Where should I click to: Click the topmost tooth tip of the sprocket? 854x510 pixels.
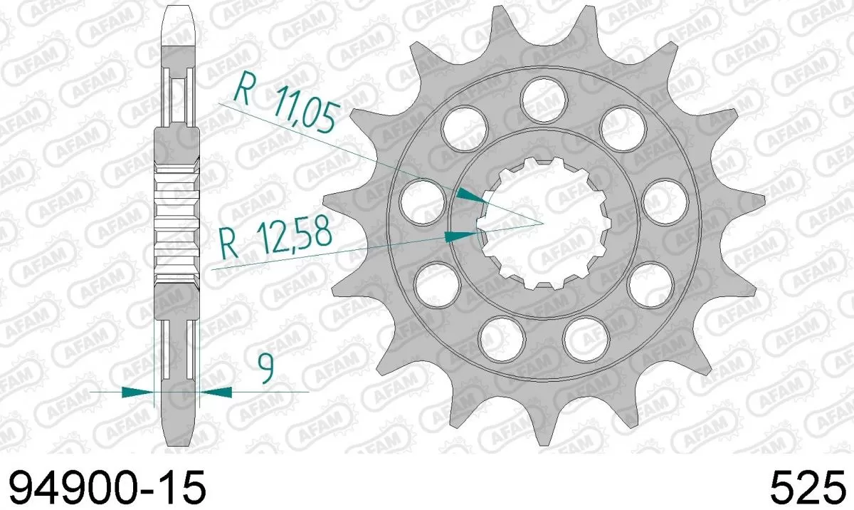[x=584, y=10]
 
